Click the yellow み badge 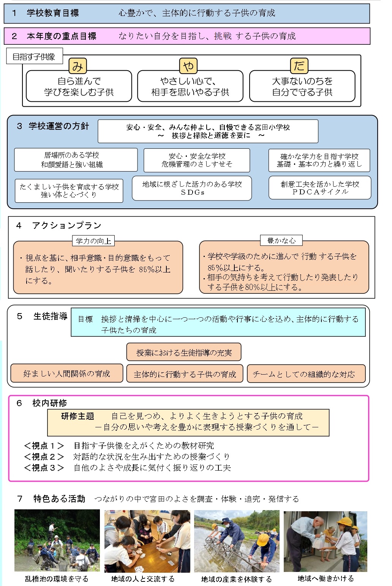pos(77,66)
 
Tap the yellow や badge pos(188,66)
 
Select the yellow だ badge pos(299,66)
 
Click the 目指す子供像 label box pos(34,56)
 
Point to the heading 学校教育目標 pos(53,13)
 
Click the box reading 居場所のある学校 pos(76,160)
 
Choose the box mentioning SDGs pos(192,188)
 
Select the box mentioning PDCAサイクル pos(320,187)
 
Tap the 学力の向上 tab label pos(93,241)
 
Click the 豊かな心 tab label pos(281,240)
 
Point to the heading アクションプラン pos(66,225)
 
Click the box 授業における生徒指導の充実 pos(184,352)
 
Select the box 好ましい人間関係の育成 pos(67,373)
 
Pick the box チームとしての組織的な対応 pos(306,373)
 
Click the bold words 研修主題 pos(77,416)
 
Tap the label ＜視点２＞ pos(44,457)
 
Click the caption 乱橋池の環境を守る pos(57,579)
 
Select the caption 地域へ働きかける pos(326,578)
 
